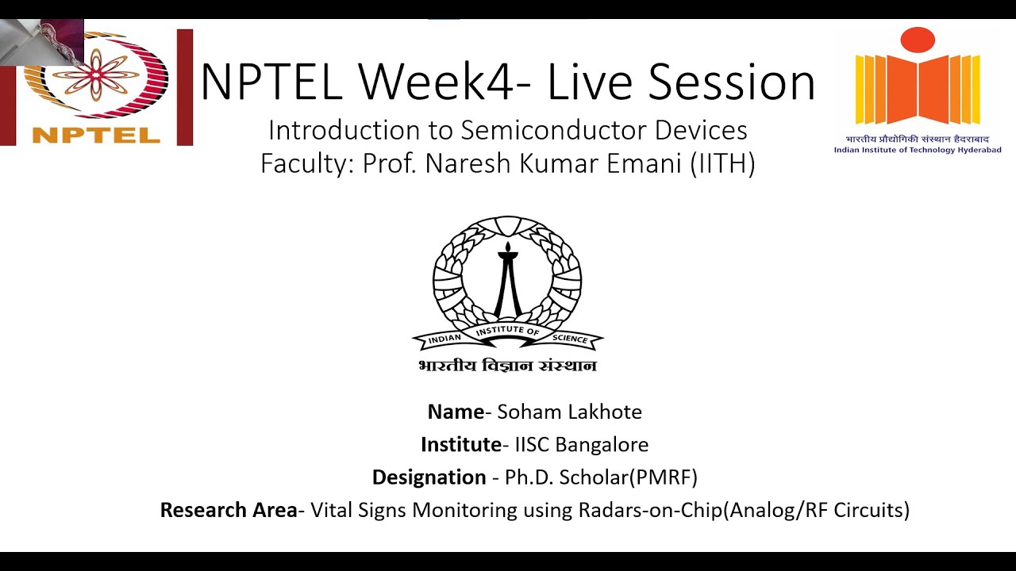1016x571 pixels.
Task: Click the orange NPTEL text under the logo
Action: click(x=96, y=135)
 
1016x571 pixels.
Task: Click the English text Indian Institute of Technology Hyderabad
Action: click(x=917, y=150)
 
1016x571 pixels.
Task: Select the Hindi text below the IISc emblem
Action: click(x=507, y=366)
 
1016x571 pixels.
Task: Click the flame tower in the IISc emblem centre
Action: click(x=507, y=282)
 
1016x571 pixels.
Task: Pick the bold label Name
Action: click(x=456, y=412)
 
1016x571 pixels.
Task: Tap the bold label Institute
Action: click(x=460, y=444)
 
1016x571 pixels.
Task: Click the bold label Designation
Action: click(x=429, y=477)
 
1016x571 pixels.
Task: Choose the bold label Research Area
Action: click(x=229, y=510)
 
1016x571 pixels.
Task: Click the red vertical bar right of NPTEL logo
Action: click(x=184, y=87)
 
